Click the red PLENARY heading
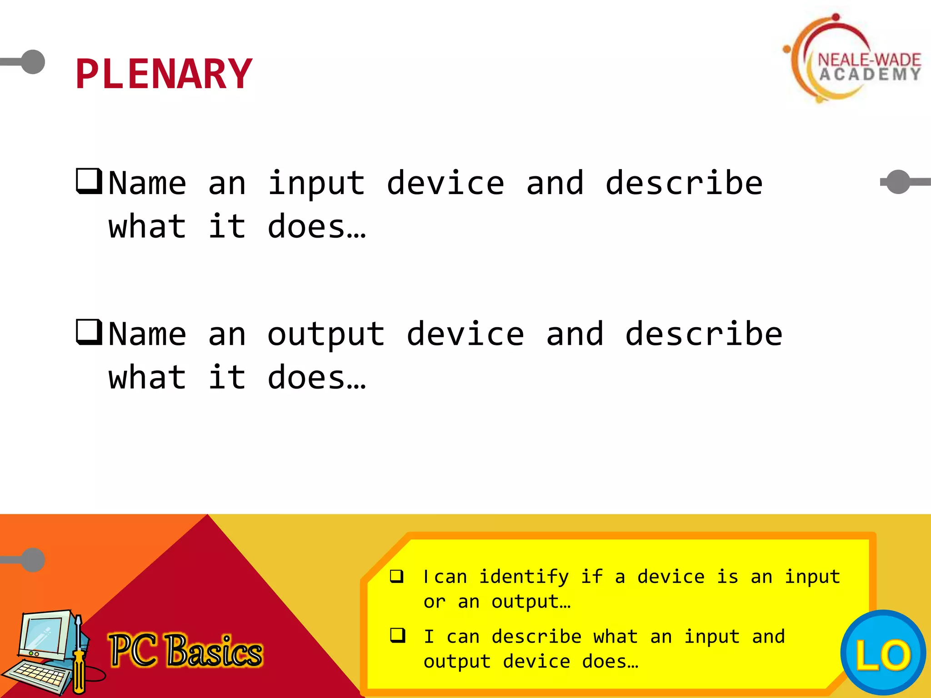164,74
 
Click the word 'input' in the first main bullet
316,184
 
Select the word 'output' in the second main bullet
326,334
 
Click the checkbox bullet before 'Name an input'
89,181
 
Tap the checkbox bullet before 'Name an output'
89,332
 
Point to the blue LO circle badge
883,653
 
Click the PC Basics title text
185,651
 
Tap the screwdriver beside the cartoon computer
79,654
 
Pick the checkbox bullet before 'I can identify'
397,576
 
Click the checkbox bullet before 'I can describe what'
397,635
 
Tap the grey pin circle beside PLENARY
33,62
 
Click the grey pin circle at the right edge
898,182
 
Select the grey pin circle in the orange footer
33,560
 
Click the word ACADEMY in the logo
870,75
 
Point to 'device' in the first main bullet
445,184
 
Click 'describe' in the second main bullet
704,334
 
